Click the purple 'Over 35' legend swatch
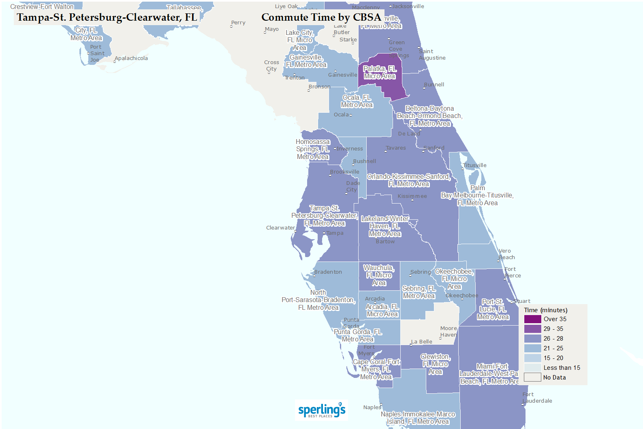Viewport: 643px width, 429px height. coord(532,319)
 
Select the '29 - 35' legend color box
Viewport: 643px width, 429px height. coord(532,329)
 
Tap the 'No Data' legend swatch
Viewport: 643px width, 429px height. coord(532,378)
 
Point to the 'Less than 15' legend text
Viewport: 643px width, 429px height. coord(562,368)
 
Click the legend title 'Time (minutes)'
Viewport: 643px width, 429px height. coord(545,310)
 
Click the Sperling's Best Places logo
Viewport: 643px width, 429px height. coord(322,410)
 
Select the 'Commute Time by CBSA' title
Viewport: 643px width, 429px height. coord(321,17)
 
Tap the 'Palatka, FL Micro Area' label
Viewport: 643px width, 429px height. coord(380,73)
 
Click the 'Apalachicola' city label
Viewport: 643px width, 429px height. coord(131,58)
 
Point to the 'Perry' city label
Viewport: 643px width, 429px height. coord(238,23)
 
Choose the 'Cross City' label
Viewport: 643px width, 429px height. coord(271,66)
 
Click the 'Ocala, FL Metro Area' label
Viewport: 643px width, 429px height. coord(357,101)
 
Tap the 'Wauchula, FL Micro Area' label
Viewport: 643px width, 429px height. coord(379,275)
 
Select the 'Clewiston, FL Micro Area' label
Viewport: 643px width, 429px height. coord(435,364)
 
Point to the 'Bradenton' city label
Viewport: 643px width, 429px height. coord(328,272)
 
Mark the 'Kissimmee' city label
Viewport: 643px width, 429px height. coord(412,196)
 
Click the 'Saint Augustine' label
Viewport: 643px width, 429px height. coord(432,55)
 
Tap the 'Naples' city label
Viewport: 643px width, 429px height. coord(372,408)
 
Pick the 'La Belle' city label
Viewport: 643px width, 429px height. coord(422,342)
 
